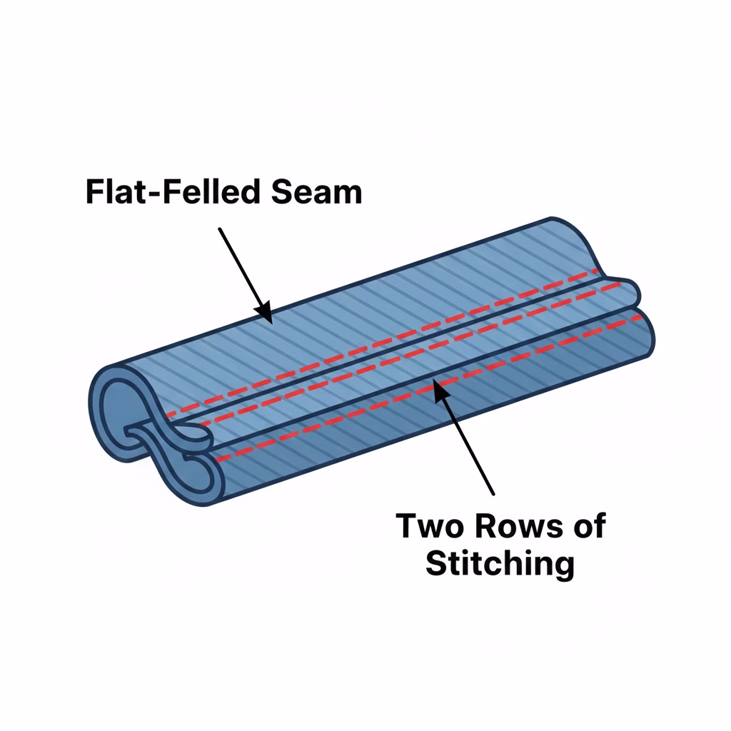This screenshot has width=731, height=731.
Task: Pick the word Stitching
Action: coord(500,564)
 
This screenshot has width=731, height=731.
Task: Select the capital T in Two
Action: coord(407,526)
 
